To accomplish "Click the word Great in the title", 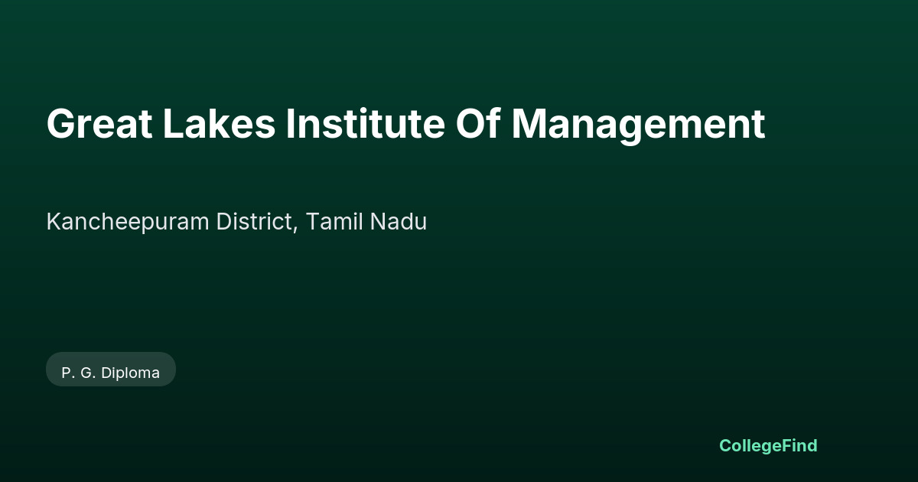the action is [x=99, y=124].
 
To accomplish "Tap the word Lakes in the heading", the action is [x=220, y=123].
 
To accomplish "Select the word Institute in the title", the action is [x=365, y=123].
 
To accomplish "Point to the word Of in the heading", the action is [x=478, y=123].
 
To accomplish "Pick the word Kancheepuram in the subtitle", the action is [x=128, y=223].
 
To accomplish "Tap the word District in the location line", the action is [x=255, y=221].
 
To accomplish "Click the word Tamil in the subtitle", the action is [x=334, y=221].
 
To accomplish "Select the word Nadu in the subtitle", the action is [x=399, y=221].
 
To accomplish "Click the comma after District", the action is [x=295, y=230].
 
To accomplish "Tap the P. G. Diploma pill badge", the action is [x=111, y=370].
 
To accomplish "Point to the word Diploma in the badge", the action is [x=130, y=373].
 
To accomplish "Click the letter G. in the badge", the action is [x=88, y=373].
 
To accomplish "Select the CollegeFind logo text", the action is [x=768, y=446].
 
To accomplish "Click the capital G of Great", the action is [x=60, y=124].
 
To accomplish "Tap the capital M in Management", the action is [x=529, y=124].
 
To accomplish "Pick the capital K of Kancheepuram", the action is [x=54, y=221].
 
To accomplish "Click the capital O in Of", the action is [x=470, y=124].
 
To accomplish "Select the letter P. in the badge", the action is [x=67, y=373].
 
